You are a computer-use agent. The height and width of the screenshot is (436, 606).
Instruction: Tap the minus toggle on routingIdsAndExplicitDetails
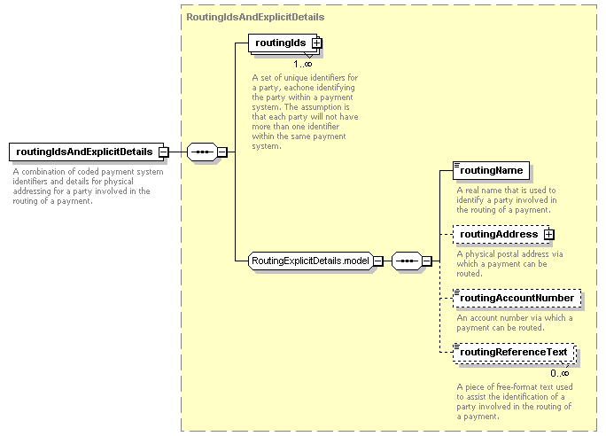(164, 152)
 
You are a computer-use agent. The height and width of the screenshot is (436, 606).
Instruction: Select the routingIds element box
(283, 43)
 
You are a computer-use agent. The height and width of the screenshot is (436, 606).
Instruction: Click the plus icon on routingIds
(316, 43)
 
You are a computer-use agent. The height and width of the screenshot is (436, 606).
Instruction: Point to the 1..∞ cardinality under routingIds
(303, 64)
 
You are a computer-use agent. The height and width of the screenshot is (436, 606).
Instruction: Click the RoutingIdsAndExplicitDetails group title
(255, 17)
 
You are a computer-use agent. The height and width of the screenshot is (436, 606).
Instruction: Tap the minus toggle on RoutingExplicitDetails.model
(378, 261)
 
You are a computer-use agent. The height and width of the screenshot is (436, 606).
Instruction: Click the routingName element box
(491, 170)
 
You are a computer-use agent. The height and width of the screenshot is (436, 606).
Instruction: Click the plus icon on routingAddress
(548, 234)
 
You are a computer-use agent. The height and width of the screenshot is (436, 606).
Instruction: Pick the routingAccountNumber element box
(517, 298)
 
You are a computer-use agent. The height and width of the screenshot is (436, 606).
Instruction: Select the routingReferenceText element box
(515, 353)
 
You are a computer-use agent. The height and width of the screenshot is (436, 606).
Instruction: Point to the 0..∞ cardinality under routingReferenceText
(560, 373)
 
